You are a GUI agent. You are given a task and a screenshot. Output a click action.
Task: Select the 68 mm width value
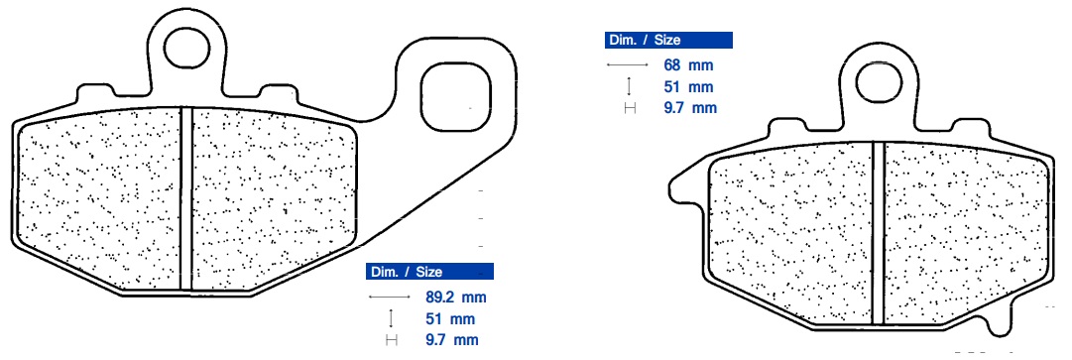pos(688,64)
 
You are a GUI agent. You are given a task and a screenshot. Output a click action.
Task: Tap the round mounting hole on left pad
pos(187,48)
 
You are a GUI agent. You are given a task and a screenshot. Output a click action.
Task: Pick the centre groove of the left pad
pos(186,198)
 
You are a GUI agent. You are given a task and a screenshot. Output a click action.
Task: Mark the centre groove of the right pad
pos(878,233)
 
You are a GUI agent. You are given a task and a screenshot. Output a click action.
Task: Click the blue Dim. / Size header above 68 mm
pos(668,40)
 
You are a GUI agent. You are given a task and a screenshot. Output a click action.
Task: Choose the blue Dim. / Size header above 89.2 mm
pos(429,272)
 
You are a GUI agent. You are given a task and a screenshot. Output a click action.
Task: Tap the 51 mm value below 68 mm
pos(688,86)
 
